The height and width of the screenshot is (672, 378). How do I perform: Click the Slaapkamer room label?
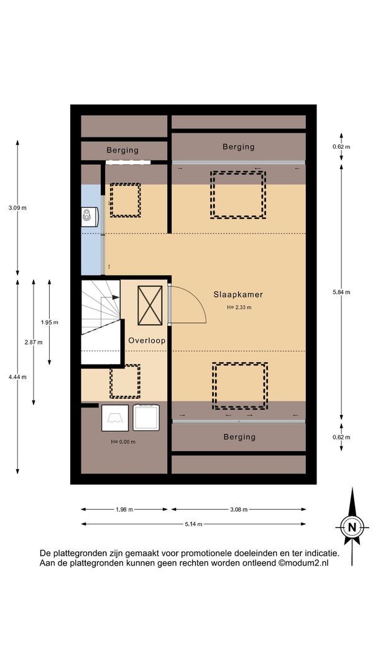click(238, 294)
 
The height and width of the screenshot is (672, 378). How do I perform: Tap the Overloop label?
click(147, 341)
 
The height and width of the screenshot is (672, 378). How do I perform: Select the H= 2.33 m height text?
click(239, 307)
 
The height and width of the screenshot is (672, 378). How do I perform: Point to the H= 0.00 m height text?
click(123, 442)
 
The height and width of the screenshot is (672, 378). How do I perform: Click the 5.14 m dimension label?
click(193, 524)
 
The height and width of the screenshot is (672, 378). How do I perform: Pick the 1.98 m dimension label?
click(124, 509)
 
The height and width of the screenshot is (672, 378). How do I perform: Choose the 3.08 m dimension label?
click(239, 509)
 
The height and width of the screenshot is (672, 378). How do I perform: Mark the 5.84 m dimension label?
click(341, 292)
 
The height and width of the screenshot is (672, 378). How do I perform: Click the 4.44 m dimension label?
click(17, 377)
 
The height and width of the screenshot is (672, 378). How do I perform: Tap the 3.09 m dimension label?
click(17, 208)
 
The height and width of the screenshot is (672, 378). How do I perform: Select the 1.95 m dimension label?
click(49, 322)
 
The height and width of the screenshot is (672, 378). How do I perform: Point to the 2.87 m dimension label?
click(34, 342)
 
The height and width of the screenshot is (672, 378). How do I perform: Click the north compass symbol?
click(353, 527)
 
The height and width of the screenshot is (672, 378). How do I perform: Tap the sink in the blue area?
click(90, 217)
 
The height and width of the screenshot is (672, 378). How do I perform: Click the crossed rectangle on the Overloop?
click(150, 305)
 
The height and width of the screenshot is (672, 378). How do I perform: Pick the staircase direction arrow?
click(111, 297)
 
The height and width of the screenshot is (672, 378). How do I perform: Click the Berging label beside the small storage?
click(122, 150)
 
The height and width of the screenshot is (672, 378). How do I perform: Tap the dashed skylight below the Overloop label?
click(125, 381)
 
